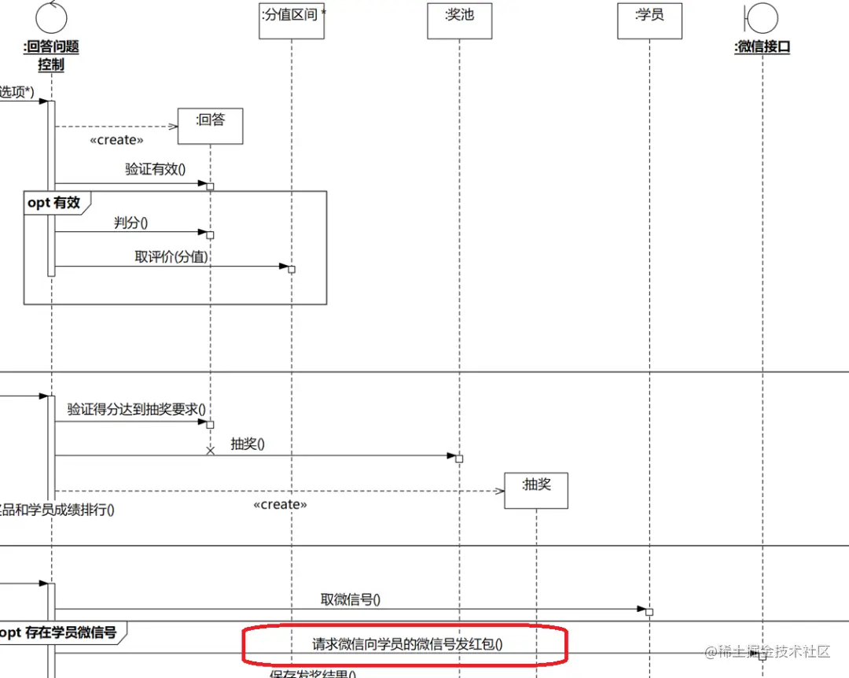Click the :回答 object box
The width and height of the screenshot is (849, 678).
[x=210, y=126]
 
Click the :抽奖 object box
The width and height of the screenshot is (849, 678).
[x=536, y=490]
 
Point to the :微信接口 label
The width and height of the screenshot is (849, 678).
[x=762, y=46]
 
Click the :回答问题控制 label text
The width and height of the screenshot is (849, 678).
[x=51, y=55]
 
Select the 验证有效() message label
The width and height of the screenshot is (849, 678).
[x=155, y=168]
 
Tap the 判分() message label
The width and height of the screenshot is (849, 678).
[x=130, y=223]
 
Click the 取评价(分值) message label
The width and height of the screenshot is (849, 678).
[x=171, y=256]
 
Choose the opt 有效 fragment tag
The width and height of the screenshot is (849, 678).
[x=54, y=202]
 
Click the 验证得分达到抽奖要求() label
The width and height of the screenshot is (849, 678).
[x=136, y=409]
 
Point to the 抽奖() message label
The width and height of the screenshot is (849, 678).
[x=248, y=444]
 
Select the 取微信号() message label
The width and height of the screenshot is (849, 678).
[x=350, y=599]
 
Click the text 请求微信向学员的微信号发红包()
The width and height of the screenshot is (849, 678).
[x=407, y=644]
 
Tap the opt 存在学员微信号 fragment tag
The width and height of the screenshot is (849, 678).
[x=58, y=632]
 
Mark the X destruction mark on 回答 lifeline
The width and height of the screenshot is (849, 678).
[x=210, y=451]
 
